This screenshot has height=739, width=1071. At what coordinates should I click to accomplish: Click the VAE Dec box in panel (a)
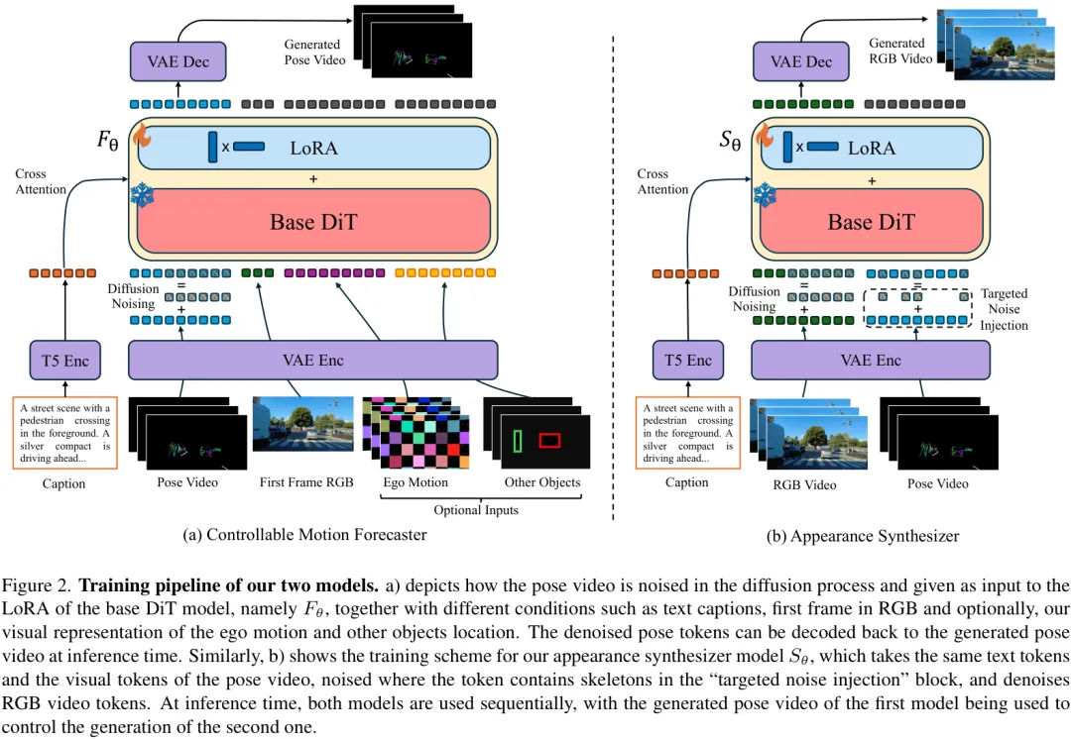(x=178, y=61)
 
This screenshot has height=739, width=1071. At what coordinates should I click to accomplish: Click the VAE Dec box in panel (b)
(x=801, y=61)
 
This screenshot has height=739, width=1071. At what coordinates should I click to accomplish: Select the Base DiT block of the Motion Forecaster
(x=313, y=221)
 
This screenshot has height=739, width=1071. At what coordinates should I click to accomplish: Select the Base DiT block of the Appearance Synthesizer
(x=871, y=221)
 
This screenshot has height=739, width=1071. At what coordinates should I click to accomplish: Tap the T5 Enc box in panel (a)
(x=64, y=361)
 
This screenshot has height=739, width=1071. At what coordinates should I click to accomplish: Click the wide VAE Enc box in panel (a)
(x=313, y=361)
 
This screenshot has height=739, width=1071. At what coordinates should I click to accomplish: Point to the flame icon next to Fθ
(x=140, y=136)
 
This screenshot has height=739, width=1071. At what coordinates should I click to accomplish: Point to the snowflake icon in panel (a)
(x=141, y=194)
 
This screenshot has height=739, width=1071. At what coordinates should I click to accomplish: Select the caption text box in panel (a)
(x=64, y=431)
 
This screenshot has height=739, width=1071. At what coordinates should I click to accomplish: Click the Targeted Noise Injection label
(x=1004, y=309)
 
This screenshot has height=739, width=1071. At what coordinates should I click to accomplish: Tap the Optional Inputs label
(x=476, y=510)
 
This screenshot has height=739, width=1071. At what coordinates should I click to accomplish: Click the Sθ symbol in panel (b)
(x=730, y=141)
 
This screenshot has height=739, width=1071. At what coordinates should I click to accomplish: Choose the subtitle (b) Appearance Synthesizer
(x=863, y=536)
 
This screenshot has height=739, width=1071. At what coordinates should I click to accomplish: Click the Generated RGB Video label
(x=900, y=52)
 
